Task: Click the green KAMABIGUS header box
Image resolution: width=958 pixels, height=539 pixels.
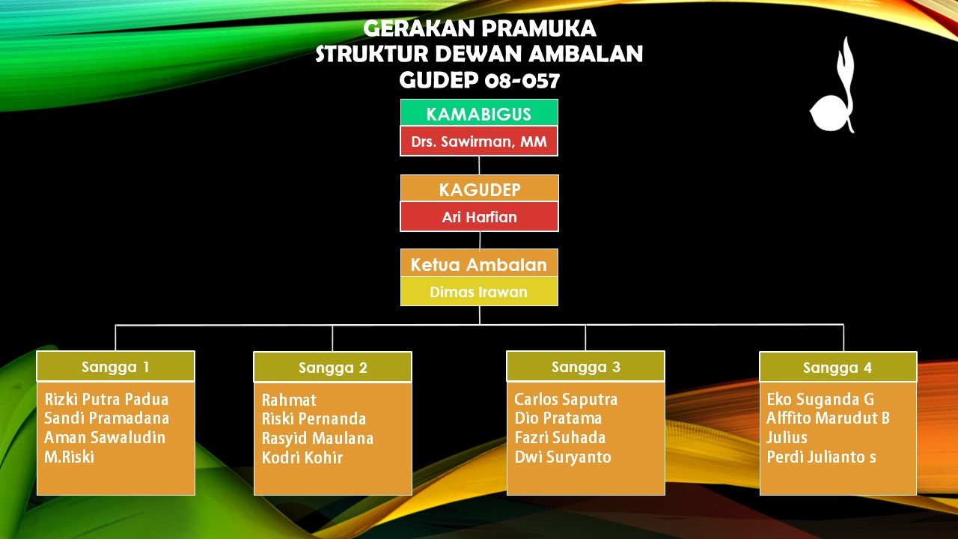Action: (x=479, y=112)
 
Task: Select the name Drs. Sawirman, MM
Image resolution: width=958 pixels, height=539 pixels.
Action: (x=479, y=141)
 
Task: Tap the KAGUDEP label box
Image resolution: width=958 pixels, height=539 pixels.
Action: (x=480, y=188)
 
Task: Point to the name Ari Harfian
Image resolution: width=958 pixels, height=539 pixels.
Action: (x=480, y=217)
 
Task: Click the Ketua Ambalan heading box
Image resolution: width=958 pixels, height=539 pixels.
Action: (x=479, y=263)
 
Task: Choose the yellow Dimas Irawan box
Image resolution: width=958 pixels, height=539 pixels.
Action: (x=479, y=291)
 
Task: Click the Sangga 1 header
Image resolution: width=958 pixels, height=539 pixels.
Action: (x=115, y=366)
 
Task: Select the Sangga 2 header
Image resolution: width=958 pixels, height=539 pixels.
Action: (x=333, y=367)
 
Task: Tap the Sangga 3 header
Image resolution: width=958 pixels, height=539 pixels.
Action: (x=585, y=366)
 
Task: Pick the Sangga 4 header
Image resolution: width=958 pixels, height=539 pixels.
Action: (x=838, y=367)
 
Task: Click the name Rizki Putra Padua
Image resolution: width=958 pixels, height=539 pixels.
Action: (x=106, y=399)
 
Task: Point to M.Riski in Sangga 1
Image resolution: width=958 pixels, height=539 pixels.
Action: (x=70, y=457)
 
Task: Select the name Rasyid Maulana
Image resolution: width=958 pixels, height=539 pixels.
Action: (x=317, y=438)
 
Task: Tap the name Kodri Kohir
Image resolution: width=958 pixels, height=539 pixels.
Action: (x=302, y=457)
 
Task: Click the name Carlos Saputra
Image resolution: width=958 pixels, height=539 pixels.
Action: (x=566, y=399)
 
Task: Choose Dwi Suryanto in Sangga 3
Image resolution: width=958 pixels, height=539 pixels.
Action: (x=563, y=457)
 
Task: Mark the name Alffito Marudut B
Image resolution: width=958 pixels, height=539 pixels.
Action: (x=828, y=418)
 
